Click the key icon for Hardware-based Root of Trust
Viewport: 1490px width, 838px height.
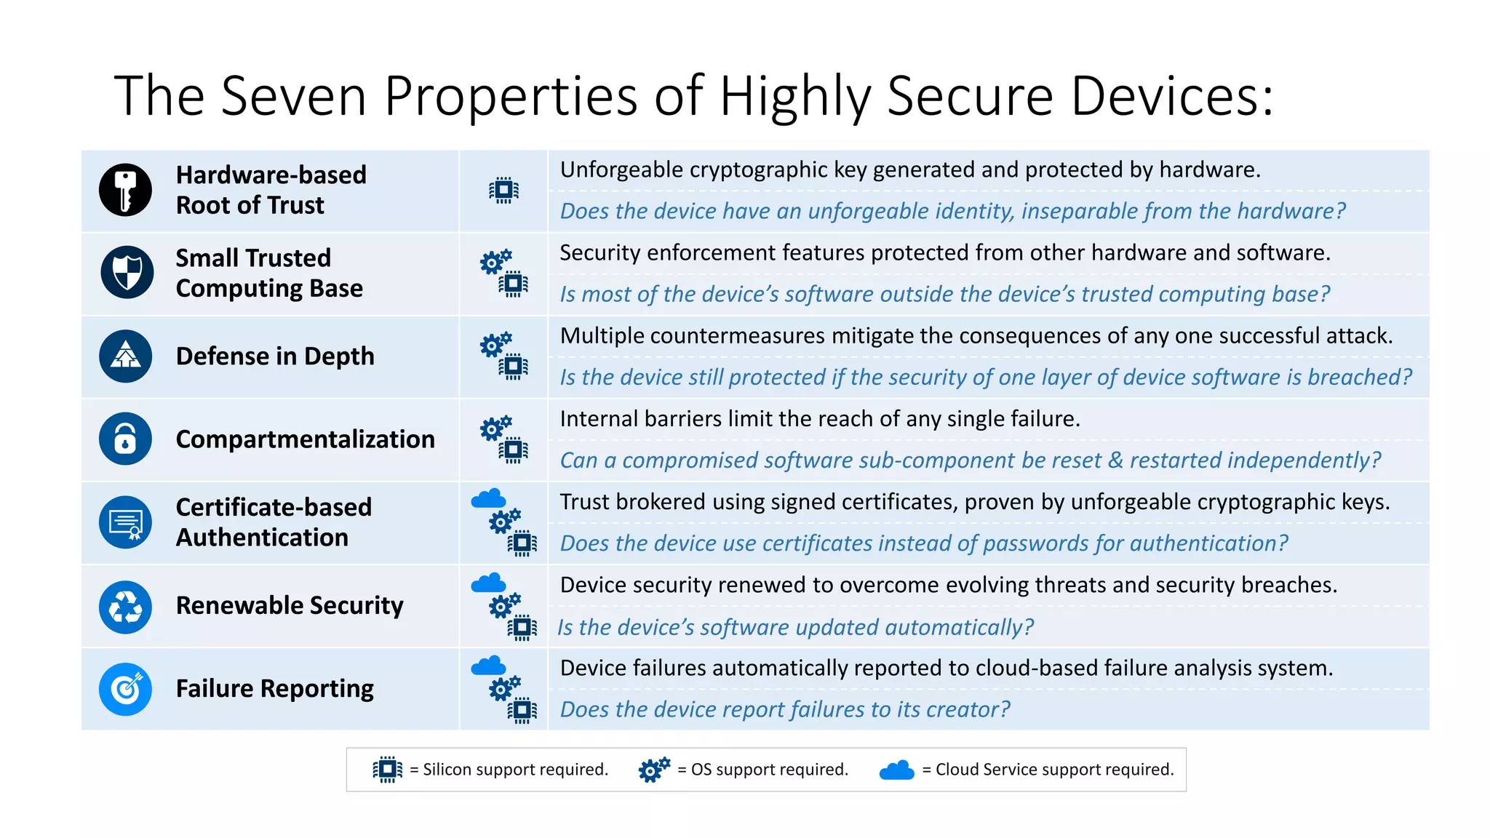coord(125,190)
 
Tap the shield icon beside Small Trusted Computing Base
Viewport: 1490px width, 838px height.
coord(127,273)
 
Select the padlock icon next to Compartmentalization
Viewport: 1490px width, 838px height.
coord(125,439)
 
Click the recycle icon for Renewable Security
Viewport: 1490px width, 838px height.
coord(125,607)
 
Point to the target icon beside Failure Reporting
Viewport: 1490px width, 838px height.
coord(125,689)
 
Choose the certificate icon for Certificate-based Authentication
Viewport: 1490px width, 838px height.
coord(125,522)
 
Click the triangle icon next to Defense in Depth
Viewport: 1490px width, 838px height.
coord(125,356)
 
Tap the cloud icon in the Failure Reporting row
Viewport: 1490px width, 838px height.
coord(488,666)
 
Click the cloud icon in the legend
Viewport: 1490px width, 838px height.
coord(896,770)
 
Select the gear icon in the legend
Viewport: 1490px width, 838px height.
coord(653,770)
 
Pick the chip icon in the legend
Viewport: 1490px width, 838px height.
coord(387,770)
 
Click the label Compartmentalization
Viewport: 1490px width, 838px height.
coord(305,439)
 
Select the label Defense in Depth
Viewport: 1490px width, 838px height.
coord(275,356)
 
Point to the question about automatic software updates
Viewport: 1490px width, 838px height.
coord(795,627)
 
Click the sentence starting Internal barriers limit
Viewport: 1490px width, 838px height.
coord(820,419)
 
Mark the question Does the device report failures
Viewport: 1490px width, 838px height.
coord(785,709)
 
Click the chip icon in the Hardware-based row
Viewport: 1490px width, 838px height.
coord(503,191)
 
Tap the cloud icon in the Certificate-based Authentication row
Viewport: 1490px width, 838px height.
coord(488,498)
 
